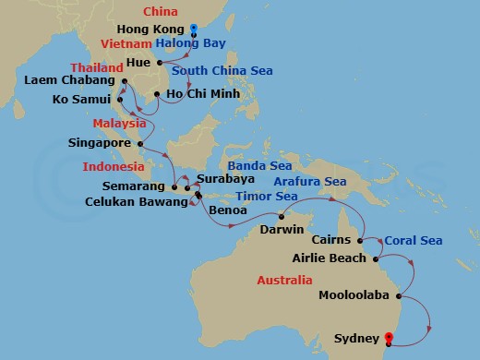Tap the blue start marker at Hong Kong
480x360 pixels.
pyautogui.click(x=194, y=28)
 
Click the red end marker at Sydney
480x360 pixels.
pyautogui.click(x=388, y=337)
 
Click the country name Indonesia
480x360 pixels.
pyautogui.click(x=114, y=168)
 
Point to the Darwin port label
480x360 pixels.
pyautogui.click(x=281, y=228)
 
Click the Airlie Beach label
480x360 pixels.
pyautogui.click(x=330, y=258)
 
